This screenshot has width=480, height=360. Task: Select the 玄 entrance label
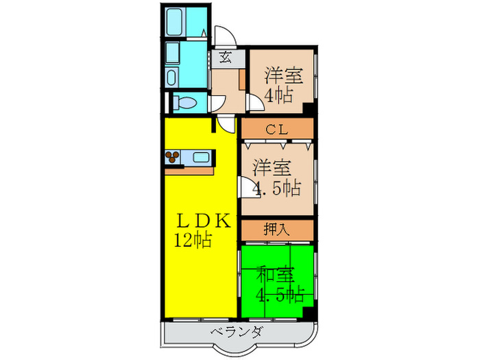226,58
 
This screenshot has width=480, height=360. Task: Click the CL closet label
276,128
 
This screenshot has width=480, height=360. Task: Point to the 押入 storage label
276,228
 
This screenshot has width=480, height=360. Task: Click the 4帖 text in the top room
277,95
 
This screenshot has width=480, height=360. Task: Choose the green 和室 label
276,275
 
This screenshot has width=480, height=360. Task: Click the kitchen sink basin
201,158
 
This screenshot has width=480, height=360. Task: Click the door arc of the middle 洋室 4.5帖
246,187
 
